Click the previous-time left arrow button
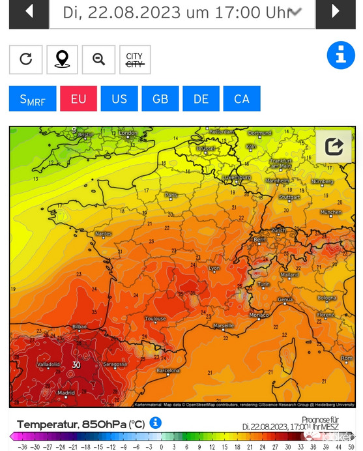[x=29, y=12]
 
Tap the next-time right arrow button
[x=335, y=12]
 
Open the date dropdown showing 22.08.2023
[x=182, y=12]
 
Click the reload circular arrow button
[x=26, y=59]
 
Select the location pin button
[x=62, y=59]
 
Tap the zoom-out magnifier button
[x=98, y=59]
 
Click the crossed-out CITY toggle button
[x=135, y=59]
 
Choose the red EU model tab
[x=78, y=98]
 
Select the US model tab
[x=119, y=98]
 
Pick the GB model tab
[x=160, y=98]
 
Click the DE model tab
[x=201, y=98]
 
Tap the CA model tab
[x=242, y=98]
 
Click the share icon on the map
[x=334, y=147]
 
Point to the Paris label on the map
[x=171, y=195]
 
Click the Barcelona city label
[x=167, y=370]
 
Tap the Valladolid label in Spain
[x=48, y=364]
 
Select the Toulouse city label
[x=155, y=319]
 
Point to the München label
[x=330, y=212]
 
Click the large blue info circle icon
[x=340, y=55]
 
